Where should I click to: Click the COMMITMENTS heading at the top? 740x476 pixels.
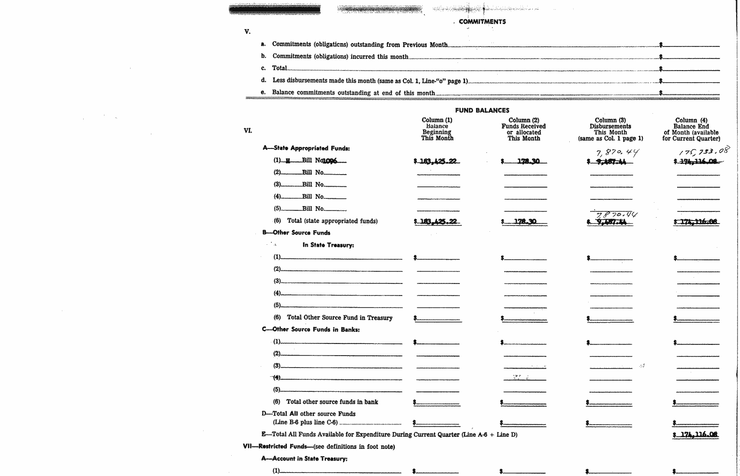click(482, 22)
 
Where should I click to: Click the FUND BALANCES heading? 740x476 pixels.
click(482, 110)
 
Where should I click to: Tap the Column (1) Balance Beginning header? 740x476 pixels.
click(437, 129)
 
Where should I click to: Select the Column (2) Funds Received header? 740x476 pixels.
click(524, 129)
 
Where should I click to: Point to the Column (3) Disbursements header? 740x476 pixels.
click(610, 129)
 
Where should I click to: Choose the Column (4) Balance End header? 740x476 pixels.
click(691, 129)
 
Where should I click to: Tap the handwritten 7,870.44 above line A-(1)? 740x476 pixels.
click(618, 153)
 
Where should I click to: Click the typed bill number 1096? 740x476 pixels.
click(330, 161)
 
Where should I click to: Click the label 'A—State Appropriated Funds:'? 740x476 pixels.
click(306, 149)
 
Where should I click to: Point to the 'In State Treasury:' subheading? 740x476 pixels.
click(328, 245)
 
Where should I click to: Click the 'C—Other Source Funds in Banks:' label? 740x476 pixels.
click(311, 329)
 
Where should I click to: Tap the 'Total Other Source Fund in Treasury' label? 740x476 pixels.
click(340, 318)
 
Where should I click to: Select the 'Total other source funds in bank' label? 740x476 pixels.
click(332, 402)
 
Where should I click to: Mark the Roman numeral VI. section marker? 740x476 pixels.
click(248, 130)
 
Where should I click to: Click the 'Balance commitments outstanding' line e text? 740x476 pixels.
click(353, 92)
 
